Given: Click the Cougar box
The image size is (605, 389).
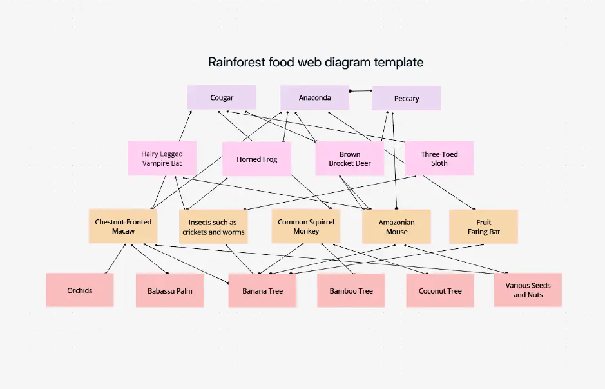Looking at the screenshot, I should [222, 97].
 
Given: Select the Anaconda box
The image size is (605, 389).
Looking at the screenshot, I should [314, 97].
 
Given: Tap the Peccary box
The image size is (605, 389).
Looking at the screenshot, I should [407, 98].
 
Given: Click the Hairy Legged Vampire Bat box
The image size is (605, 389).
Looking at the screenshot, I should [162, 159].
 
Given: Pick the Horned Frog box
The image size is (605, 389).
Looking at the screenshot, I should [256, 159].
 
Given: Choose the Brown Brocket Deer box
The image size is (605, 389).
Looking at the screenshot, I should [349, 159].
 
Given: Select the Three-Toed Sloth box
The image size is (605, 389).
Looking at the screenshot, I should [439, 159].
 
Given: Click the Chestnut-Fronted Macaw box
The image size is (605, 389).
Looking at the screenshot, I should [123, 226].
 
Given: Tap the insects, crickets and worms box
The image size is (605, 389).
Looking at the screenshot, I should [213, 226].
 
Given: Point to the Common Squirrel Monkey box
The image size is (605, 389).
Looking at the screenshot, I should [305, 226].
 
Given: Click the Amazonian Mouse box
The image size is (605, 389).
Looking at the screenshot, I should [396, 226].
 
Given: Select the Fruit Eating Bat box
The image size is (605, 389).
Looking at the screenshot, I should [483, 226].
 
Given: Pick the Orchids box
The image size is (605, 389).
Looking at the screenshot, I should [80, 290].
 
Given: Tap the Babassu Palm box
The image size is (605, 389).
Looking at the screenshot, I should [170, 290].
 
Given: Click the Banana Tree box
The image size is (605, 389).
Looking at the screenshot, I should [262, 290].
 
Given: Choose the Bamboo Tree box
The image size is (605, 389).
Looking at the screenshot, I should [351, 290].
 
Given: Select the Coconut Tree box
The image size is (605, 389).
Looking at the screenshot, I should [440, 290].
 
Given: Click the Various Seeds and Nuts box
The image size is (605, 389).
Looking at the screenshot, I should [528, 290].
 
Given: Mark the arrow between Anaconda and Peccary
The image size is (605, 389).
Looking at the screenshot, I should [361, 91].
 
